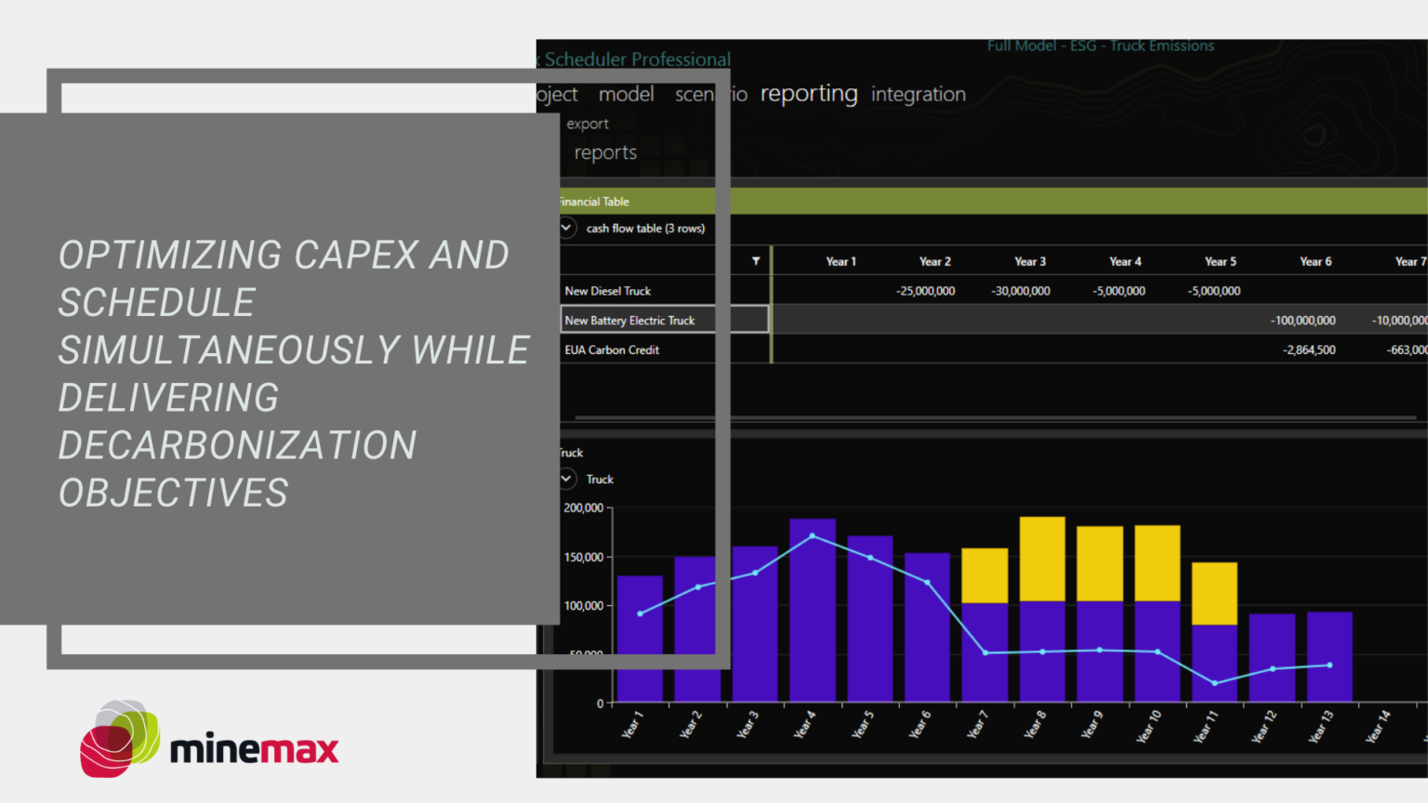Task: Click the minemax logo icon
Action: click(119, 738)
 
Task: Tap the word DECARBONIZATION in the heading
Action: click(237, 445)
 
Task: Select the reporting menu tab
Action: click(809, 94)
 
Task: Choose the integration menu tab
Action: click(918, 94)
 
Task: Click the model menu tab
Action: click(626, 94)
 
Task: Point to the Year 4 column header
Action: click(1125, 261)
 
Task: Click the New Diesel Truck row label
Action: click(608, 291)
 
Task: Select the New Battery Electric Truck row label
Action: click(629, 321)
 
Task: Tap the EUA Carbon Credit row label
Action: click(612, 350)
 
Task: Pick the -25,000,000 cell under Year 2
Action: click(925, 291)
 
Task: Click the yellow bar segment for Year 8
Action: click(1042, 559)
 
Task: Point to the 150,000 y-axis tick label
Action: click(584, 557)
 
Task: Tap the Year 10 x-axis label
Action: click(1149, 727)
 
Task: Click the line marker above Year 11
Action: click(1214, 683)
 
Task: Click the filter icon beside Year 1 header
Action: click(756, 261)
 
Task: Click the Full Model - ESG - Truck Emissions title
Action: click(1101, 46)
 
